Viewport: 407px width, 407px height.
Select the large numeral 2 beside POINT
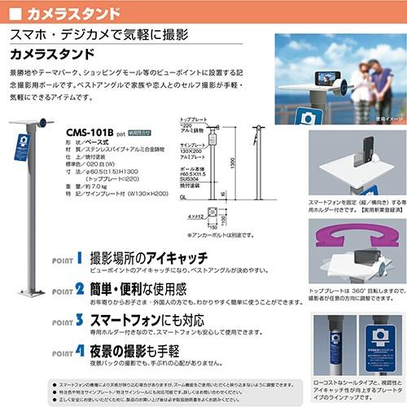pyautogui.click(x=79, y=287)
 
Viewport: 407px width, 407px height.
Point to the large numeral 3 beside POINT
pyautogui.click(x=79, y=320)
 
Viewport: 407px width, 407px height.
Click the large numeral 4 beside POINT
pyautogui.click(x=79, y=352)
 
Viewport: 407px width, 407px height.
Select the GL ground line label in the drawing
pyautogui.click(x=182, y=195)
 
